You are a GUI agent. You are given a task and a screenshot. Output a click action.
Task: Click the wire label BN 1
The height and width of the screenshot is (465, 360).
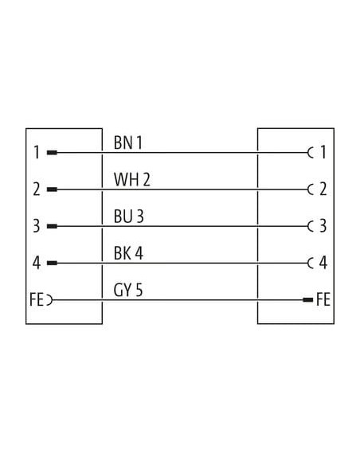click(x=128, y=143)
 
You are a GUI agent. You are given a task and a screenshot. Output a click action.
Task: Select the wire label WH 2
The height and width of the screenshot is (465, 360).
click(x=132, y=179)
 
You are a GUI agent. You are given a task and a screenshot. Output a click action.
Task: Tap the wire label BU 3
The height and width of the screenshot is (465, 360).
click(x=129, y=217)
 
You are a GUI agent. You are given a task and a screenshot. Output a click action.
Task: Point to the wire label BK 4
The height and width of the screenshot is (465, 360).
click(x=128, y=253)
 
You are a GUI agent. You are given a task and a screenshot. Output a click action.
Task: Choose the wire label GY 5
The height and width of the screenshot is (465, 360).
click(x=128, y=290)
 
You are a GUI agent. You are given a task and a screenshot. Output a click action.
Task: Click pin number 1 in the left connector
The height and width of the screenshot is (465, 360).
click(x=37, y=152)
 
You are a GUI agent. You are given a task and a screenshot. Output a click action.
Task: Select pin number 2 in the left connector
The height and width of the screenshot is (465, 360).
click(x=37, y=190)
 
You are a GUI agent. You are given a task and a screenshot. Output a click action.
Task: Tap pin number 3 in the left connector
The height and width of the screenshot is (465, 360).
click(x=37, y=226)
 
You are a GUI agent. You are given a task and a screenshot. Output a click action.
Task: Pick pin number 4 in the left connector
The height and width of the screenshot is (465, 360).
click(x=37, y=263)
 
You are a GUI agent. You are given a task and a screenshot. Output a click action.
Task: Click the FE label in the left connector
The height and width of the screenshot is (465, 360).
click(x=37, y=299)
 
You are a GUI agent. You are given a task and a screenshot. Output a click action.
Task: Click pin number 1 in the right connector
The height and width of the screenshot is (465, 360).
click(x=323, y=152)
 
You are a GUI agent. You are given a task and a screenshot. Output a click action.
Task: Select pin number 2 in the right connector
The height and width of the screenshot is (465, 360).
click(x=323, y=190)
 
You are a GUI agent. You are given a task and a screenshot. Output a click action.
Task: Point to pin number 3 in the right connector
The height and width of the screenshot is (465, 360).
click(x=323, y=226)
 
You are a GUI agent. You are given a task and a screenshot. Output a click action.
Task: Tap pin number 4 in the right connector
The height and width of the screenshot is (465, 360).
click(x=323, y=263)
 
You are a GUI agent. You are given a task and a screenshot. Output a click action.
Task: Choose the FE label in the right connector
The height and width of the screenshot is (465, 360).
click(x=323, y=299)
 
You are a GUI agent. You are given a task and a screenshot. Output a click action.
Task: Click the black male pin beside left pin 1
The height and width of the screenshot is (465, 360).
click(x=53, y=153)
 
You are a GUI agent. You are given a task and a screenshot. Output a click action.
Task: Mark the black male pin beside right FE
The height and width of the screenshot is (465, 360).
click(x=307, y=300)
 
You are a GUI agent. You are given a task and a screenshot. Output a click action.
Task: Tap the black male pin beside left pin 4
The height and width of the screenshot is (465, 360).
click(x=53, y=263)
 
